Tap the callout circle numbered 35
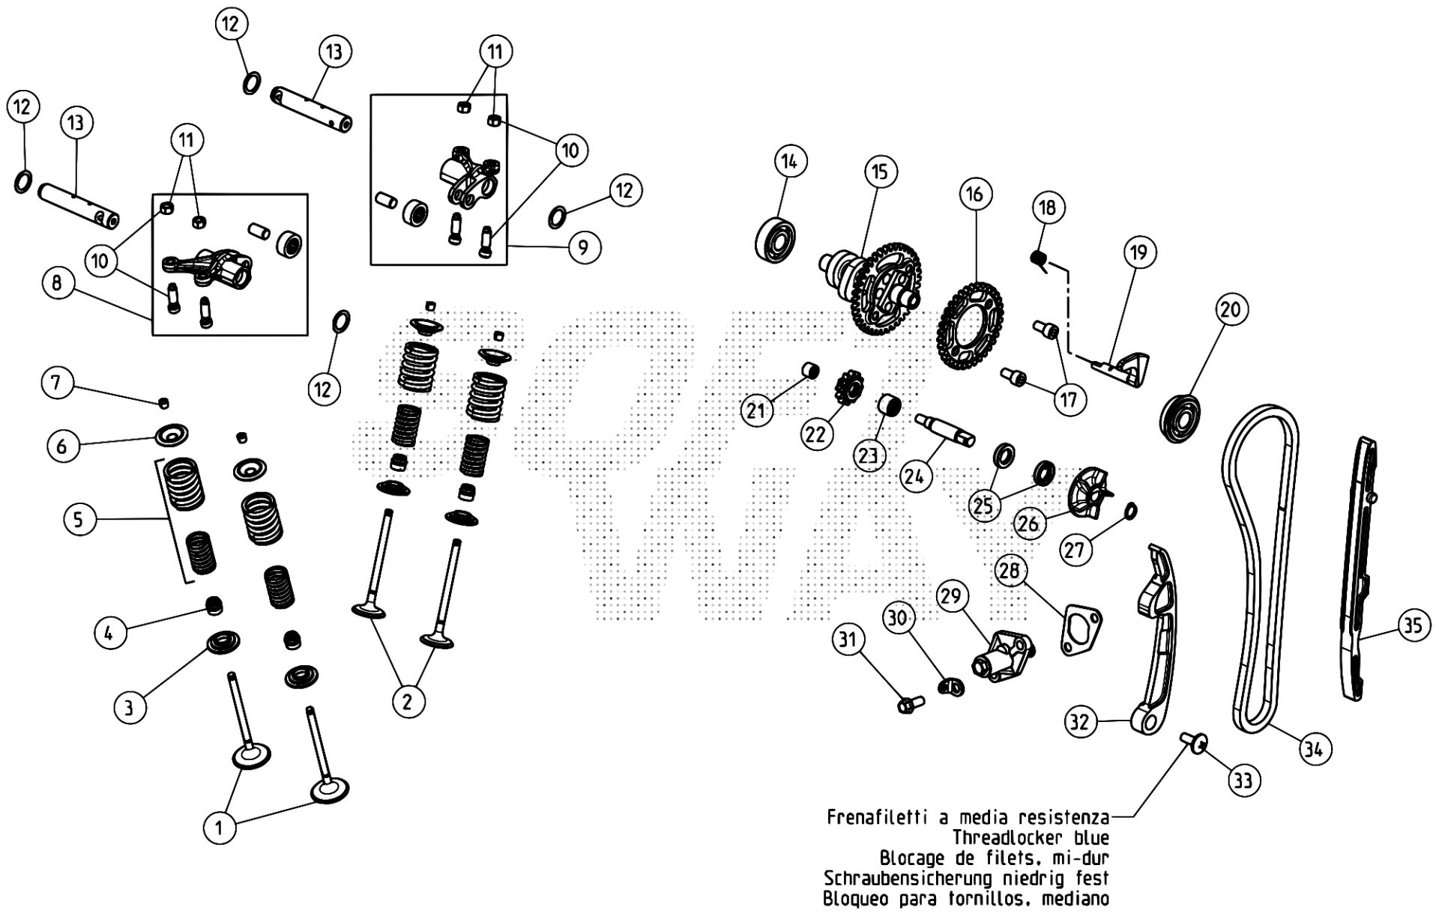point(1413,625)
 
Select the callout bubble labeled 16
point(974,195)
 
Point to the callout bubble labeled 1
point(219,828)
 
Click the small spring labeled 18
point(1039,259)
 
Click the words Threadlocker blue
point(1031,837)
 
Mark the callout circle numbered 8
point(57,283)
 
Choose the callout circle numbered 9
point(583,246)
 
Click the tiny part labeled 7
point(163,404)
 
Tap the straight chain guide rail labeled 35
point(1363,569)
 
